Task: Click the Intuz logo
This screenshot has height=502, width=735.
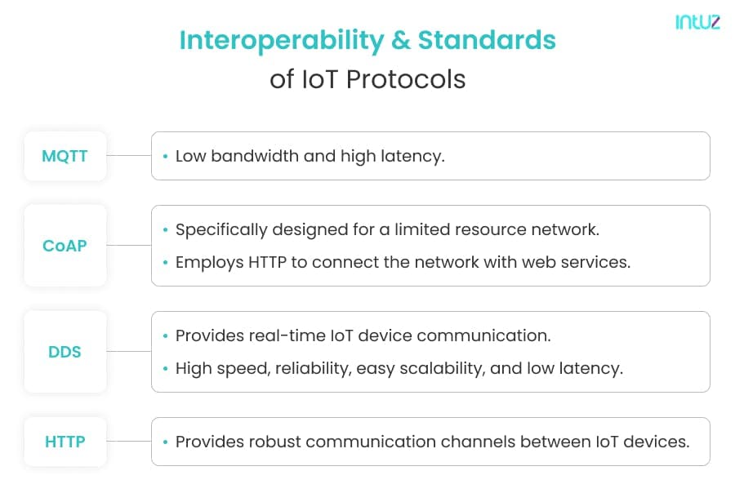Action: coord(697,22)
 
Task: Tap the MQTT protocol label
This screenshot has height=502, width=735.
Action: coord(65,156)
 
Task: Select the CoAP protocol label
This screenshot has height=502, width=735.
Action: coord(65,246)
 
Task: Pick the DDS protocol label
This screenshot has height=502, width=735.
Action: coord(65,352)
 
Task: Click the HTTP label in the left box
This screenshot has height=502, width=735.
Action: coord(65,442)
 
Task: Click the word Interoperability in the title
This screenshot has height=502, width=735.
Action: coord(282,41)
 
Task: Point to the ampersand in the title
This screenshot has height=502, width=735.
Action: coord(401,40)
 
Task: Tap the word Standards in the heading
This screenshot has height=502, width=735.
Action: coord(487,40)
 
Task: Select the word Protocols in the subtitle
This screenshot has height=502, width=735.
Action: coord(406,79)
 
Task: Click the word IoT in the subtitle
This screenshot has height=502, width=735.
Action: coord(319,79)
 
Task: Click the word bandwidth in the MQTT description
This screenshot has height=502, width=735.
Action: coord(255,156)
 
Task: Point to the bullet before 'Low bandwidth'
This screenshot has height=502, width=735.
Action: coord(165,156)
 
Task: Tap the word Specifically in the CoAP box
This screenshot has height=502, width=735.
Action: coord(221,229)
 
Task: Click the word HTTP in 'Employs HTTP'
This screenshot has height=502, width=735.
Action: coord(267,262)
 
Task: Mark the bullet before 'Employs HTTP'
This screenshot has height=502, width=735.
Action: coord(165,263)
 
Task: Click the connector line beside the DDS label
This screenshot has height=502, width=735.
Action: coord(129,351)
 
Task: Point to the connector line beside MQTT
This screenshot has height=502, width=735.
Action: coord(129,155)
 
